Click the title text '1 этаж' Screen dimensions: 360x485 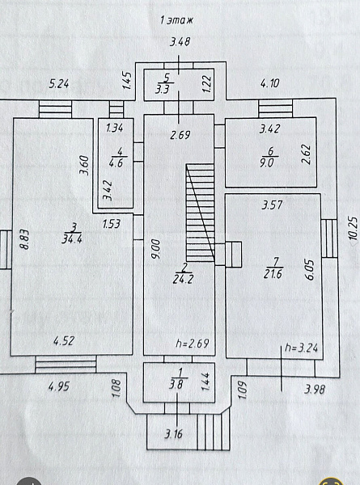(176, 20)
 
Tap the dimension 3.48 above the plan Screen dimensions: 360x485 (180, 42)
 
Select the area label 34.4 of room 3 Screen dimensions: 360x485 (72, 238)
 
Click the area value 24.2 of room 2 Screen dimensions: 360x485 (184, 279)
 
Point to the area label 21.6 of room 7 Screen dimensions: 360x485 (273, 274)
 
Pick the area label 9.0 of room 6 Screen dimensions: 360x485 (266, 162)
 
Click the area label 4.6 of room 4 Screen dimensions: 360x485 (116, 162)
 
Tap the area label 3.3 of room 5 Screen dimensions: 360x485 (162, 89)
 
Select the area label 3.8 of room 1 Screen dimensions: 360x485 (176, 384)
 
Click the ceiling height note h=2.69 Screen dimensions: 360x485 (193, 344)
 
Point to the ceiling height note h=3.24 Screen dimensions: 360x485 (301, 348)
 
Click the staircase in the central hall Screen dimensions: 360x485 (200, 213)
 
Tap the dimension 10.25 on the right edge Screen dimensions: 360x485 (353, 229)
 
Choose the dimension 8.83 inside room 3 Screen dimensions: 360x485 (24, 238)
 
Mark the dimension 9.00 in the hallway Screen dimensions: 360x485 (156, 249)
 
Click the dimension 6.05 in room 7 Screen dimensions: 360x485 (311, 270)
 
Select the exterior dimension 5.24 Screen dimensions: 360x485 (59, 84)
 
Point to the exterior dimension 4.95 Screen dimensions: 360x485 (59, 386)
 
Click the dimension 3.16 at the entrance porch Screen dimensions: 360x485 (174, 434)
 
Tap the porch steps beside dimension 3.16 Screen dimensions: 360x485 (214, 432)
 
